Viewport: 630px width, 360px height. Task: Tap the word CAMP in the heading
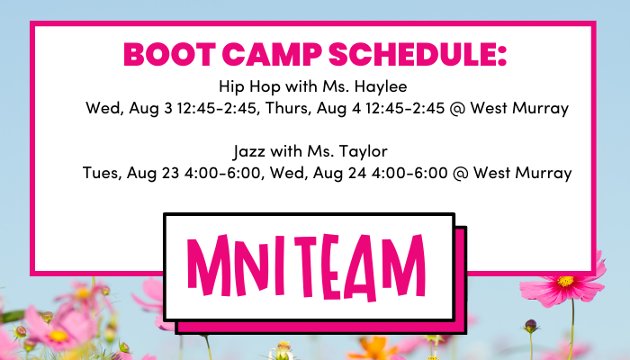pyautogui.click(x=272, y=54)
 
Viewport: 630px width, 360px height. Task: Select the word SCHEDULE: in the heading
pyautogui.click(x=417, y=54)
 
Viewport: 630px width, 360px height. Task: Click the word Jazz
pyautogui.click(x=249, y=152)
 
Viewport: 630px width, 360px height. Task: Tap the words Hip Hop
pyautogui.click(x=249, y=86)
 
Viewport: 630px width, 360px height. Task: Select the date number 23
pyautogui.click(x=170, y=173)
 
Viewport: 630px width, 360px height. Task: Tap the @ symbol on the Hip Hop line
pyautogui.click(x=457, y=109)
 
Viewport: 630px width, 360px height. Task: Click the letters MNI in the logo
pyautogui.click(x=236, y=265)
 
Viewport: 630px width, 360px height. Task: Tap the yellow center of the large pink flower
pyautogui.click(x=565, y=281)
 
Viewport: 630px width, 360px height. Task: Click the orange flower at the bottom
pyautogui.click(x=373, y=348)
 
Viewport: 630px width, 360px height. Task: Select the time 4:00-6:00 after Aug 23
pyautogui.click(x=222, y=173)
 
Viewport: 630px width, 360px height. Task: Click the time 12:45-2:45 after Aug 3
pyautogui.click(x=216, y=109)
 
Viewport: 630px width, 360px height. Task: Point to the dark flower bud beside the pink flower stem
pyautogui.click(x=530, y=326)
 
